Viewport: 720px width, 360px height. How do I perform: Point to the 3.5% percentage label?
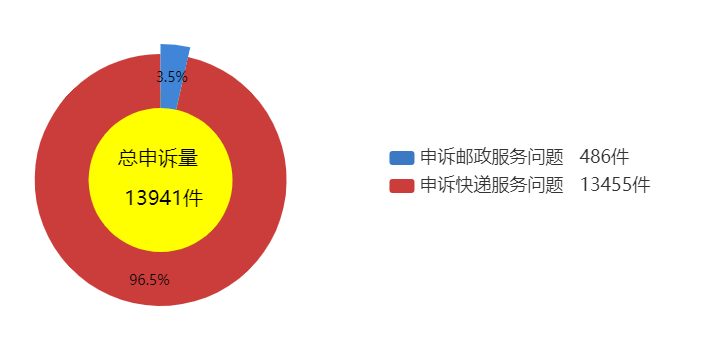pos(172,77)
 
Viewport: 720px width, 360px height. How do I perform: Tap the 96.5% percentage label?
pos(149,280)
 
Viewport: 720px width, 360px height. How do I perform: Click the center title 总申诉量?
pos(158,158)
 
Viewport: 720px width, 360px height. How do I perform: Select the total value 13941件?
pos(164,198)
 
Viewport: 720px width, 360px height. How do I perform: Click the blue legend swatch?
pos(402,158)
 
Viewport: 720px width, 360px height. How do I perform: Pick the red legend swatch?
pos(402,186)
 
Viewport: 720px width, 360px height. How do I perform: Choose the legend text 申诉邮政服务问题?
pos(492,158)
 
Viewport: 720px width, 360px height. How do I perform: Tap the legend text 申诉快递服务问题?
pos(492,186)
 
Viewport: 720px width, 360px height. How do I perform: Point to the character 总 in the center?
pos(128,158)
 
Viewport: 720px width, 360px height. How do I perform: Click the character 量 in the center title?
pos(188,158)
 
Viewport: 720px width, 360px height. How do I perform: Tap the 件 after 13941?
pos(193,198)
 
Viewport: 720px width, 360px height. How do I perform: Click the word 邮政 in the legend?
pos(474,158)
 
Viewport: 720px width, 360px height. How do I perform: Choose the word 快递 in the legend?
pos(474,186)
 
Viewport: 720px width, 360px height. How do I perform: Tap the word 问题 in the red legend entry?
pos(546,186)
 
